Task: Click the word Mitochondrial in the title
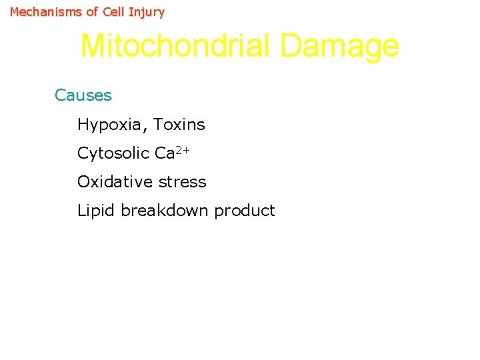(175, 47)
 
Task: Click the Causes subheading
(83, 95)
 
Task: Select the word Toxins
(180, 125)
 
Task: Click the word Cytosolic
(113, 153)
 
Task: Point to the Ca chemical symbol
(164, 153)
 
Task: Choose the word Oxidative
(113, 182)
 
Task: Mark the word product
(245, 211)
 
